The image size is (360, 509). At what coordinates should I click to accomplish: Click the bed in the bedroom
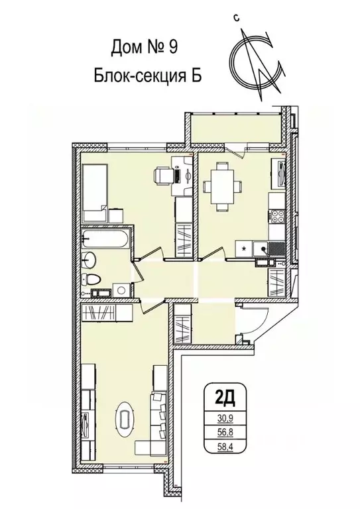pyautogui.click(x=94, y=187)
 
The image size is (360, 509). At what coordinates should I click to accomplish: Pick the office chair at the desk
pyautogui.click(x=162, y=176)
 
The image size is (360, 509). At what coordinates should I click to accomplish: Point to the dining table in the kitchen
pyautogui.click(x=219, y=182)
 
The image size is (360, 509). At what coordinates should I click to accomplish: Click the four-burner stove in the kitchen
pyautogui.click(x=277, y=216)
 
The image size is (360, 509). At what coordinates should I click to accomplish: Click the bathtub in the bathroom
pyautogui.click(x=107, y=238)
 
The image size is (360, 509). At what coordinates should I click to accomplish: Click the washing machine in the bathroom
pyautogui.click(x=121, y=290)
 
